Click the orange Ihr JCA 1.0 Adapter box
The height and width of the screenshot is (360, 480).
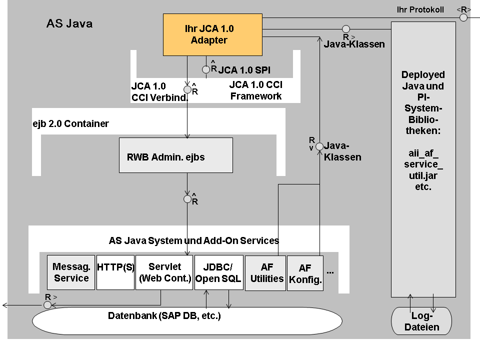[x=213, y=34]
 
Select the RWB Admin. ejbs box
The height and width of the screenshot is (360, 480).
[x=176, y=156]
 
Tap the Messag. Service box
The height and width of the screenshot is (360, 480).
[x=71, y=272]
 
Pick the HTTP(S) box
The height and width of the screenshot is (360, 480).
[x=115, y=272]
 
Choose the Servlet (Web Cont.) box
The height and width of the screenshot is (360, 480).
[x=164, y=272]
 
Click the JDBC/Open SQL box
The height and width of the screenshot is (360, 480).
[x=217, y=272]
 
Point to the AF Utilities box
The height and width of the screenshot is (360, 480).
[x=265, y=272]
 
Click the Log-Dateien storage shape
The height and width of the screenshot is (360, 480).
[x=421, y=321]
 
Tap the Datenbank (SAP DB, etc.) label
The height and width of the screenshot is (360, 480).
[x=164, y=316]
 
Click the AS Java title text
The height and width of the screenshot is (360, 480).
[x=69, y=23]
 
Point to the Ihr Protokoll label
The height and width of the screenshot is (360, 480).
[x=420, y=9]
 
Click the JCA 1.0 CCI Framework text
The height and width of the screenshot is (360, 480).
[x=255, y=90]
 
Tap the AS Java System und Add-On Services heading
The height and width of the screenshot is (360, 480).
[x=193, y=240]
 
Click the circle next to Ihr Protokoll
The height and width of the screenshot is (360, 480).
[x=463, y=17]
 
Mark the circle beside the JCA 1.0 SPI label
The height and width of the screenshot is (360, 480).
[x=206, y=69]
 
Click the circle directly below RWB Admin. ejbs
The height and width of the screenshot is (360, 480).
[x=187, y=199]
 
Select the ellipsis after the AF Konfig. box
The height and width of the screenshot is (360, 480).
[x=330, y=272]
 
